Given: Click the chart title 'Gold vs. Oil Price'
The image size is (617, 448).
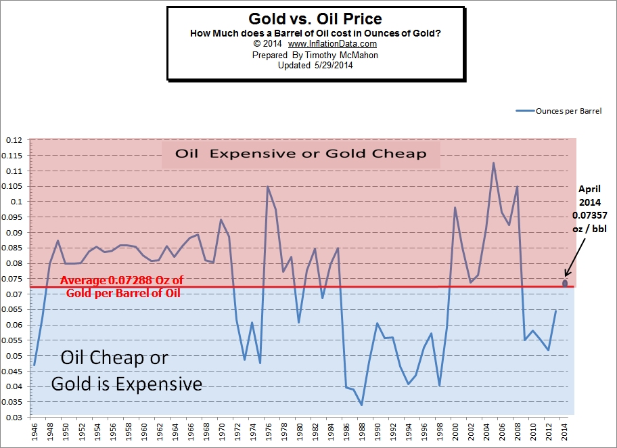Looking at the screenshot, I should [x=315, y=19].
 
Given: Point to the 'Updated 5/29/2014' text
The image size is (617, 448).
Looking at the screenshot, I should [x=315, y=66].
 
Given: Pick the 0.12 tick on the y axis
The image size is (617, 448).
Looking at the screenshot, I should [x=14, y=140].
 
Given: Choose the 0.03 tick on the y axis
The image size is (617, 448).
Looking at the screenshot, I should [x=14, y=418].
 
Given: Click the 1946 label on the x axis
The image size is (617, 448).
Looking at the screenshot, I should [x=34, y=431].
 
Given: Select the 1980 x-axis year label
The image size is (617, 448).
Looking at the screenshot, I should [x=300, y=431].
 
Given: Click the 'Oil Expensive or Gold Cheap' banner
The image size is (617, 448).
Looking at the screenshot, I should [x=301, y=154].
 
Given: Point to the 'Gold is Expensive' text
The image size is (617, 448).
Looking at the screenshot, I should [x=127, y=384].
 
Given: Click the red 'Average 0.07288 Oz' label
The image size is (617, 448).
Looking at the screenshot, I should [x=121, y=280].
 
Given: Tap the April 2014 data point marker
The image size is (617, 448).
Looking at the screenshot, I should [x=566, y=283].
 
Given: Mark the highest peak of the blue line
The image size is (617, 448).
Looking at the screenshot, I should [x=493, y=162].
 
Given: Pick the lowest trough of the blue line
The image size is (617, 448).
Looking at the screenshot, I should [x=362, y=405].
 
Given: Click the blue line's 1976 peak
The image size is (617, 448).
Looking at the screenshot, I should [x=268, y=187].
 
